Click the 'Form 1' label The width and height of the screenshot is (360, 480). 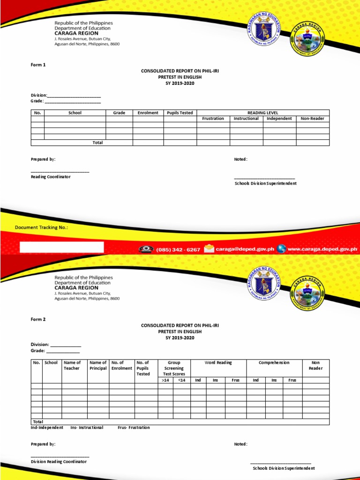point(38,65)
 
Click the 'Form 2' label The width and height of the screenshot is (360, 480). point(38,319)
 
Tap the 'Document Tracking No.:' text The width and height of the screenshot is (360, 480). point(41,227)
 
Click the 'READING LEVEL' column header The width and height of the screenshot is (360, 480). point(262,113)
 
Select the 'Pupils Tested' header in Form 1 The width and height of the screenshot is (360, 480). point(180,113)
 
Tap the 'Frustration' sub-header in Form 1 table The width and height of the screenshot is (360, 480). point(213,119)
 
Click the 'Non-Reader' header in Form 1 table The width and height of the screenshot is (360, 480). point(313,119)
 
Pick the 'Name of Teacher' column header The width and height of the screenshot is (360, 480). point(72,365)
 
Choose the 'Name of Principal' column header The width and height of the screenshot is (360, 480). point(98,365)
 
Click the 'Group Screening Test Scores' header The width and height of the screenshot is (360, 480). point(174,368)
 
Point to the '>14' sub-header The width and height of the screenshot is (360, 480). point(165,380)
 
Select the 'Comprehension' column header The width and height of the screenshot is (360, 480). point(274,362)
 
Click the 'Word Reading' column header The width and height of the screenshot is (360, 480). point(218,362)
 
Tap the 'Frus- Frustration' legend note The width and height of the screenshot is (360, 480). point(134,427)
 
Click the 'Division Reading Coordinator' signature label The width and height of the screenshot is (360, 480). point(59,461)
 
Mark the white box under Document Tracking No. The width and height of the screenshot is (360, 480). point(61,247)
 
